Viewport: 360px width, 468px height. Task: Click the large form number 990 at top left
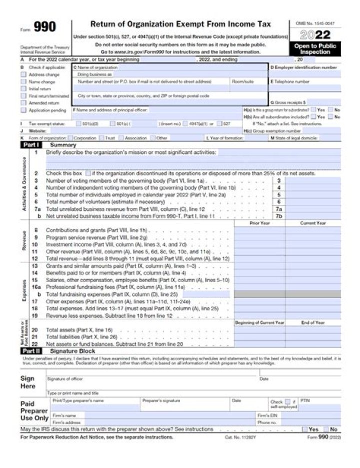click(45, 27)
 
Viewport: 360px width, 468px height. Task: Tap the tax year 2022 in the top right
click(315, 35)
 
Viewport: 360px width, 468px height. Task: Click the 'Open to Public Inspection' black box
click(315, 48)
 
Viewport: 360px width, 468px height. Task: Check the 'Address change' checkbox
click(23, 74)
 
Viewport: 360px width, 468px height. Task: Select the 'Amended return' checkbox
click(23, 102)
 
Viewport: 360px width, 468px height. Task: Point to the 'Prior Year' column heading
click(259, 223)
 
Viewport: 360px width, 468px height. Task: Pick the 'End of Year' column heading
click(313, 322)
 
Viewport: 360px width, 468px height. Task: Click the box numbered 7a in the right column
click(279, 209)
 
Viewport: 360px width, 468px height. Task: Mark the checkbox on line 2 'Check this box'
click(88, 173)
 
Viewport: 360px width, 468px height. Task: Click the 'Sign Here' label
click(28, 382)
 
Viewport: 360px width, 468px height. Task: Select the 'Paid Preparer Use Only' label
click(34, 410)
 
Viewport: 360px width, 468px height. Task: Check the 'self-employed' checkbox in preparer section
click(287, 401)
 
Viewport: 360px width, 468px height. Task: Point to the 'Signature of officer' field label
click(65, 379)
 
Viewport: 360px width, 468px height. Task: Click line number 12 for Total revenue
click(35, 259)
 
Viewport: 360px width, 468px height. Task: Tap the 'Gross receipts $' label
click(288, 102)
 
